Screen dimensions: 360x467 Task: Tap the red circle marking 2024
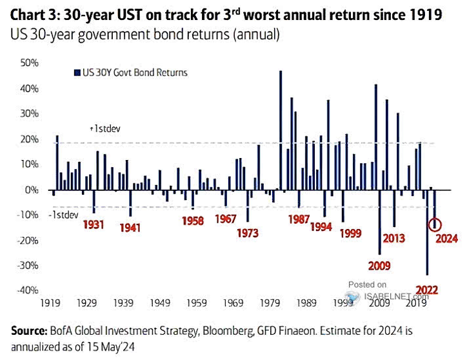[x=435, y=225]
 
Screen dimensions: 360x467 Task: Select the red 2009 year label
[x=379, y=265]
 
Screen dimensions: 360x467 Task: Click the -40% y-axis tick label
[x=29, y=290]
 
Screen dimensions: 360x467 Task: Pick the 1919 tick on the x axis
[x=52, y=302]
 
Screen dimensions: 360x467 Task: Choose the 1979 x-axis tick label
[x=273, y=302]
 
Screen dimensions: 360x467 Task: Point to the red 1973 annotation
[x=249, y=232]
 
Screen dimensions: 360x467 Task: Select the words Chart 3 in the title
[x=32, y=13]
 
